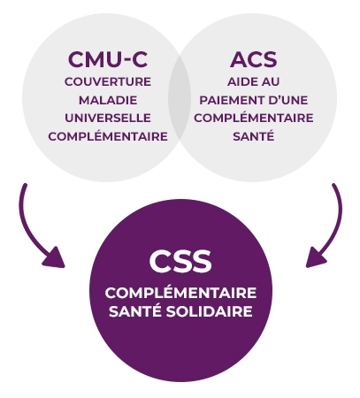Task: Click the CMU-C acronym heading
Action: click(x=108, y=59)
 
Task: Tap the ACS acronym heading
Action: click(x=254, y=59)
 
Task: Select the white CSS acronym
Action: click(x=180, y=261)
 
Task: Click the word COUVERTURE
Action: click(x=108, y=81)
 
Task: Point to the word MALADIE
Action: click(x=108, y=100)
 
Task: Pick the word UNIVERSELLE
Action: click(x=108, y=118)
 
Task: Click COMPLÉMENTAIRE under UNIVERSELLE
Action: click(x=108, y=136)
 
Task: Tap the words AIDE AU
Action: click(x=254, y=81)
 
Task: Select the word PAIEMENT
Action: click(x=232, y=100)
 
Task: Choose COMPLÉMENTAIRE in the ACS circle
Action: click(x=254, y=118)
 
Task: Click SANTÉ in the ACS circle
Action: click(x=254, y=136)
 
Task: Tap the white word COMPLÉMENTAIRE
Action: click(x=180, y=293)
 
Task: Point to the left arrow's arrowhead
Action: click(x=56, y=259)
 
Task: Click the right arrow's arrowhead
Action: click(x=315, y=259)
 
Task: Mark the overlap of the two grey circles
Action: click(x=180, y=96)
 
